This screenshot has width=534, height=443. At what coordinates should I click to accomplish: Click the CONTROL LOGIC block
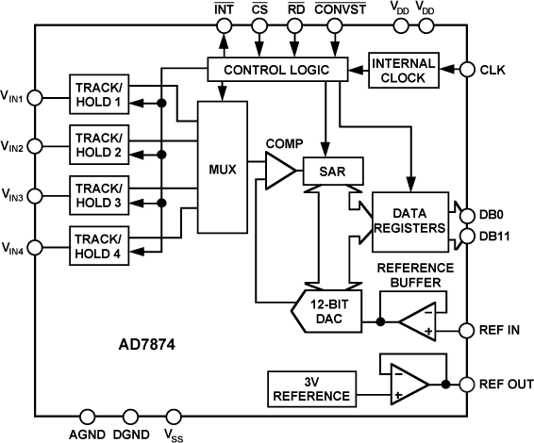point(276,69)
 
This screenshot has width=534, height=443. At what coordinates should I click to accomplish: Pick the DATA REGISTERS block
point(410,221)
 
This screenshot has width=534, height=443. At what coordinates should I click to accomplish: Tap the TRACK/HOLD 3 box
point(104,193)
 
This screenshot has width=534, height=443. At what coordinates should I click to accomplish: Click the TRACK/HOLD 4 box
point(104,243)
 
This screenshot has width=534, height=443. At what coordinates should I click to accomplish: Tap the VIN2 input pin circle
point(35,146)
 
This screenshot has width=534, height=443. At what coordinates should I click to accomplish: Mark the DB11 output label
point(496,237)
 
